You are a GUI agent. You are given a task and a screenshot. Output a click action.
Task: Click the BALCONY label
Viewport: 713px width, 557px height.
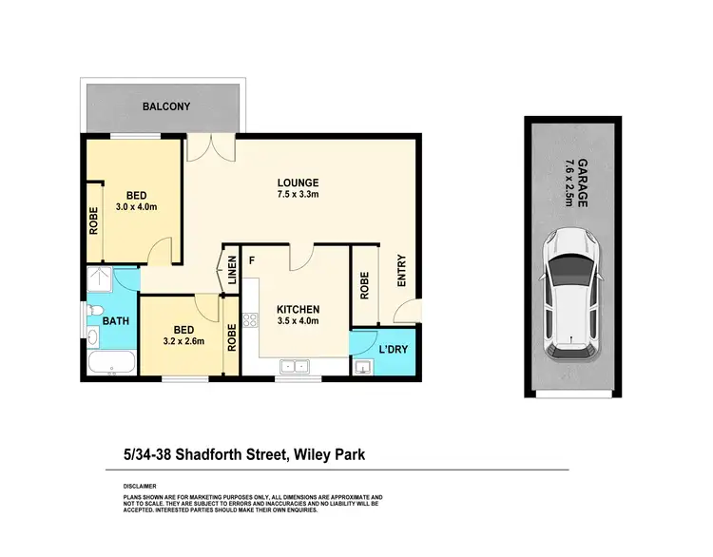tap(163, 106)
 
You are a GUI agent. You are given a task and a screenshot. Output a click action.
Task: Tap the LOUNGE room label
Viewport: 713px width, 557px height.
tap(298, 182)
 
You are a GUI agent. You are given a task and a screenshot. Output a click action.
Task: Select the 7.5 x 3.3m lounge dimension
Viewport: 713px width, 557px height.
tap(298, 197)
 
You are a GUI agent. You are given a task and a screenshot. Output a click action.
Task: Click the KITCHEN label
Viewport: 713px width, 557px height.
tap(298, 310)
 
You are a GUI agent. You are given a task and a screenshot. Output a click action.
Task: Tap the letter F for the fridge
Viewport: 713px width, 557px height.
tap(252, 259)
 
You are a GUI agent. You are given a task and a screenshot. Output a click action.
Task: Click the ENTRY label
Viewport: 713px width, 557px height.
tap(401, 270)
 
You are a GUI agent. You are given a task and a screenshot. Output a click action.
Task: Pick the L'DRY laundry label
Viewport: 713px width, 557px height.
tap(394, 350)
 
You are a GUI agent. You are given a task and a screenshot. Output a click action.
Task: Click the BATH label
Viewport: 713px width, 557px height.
tap(116, 321)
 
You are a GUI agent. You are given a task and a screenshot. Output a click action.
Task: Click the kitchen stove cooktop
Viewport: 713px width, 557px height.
tap(251, 321)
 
